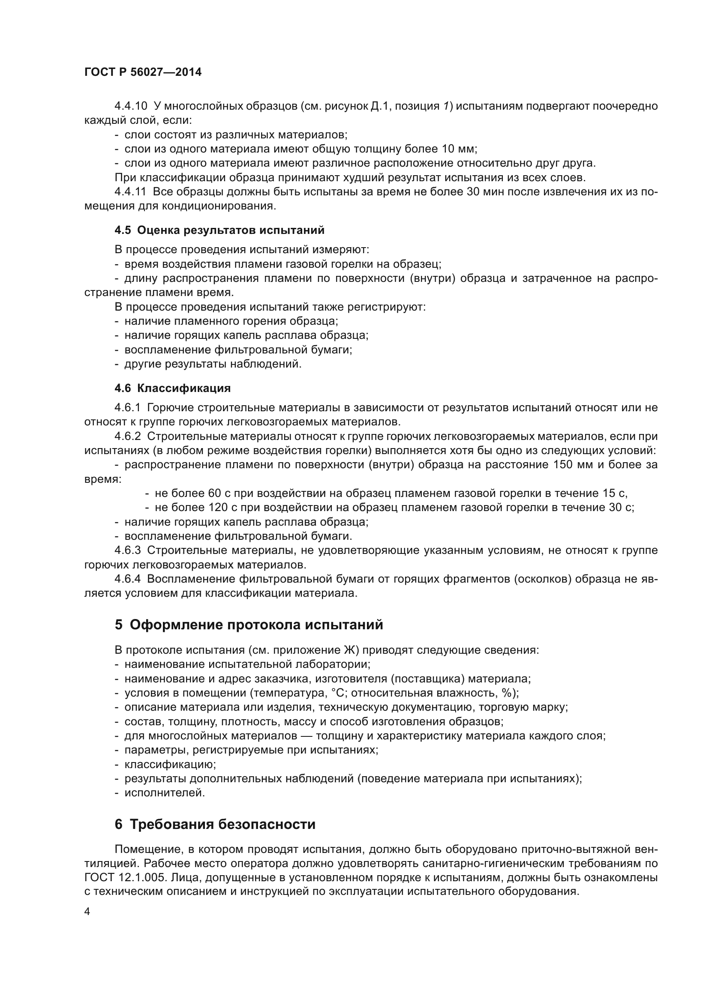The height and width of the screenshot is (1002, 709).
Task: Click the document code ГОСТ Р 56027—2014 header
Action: pos(143,72)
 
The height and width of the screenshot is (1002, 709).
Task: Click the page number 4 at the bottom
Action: pos(87,911)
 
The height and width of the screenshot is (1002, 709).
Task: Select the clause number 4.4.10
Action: pos(131,106)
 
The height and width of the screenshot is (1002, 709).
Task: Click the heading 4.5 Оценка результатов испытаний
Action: pos(219,230)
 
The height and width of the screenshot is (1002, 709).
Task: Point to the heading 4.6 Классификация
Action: pos(172,388)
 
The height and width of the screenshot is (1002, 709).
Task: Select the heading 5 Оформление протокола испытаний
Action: pos(249,625)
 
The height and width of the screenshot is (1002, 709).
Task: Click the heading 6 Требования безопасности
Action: pos(215,824)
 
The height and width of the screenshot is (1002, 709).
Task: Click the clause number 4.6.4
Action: pos(127,579)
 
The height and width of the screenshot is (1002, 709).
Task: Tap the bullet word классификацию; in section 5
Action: pos(170,764)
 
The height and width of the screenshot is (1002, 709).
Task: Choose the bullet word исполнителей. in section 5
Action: pos(165,793)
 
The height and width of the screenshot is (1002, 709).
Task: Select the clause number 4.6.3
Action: pos(127,550)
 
